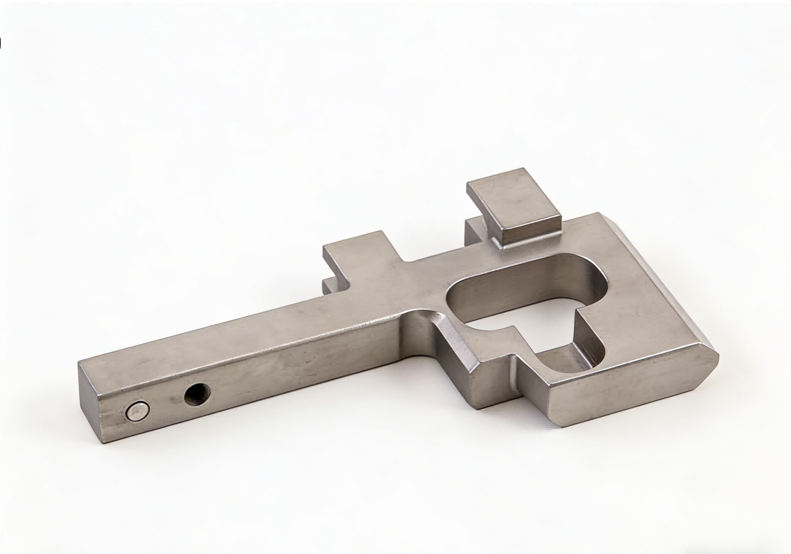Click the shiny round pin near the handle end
click(x=137, y=411)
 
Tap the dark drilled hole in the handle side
click(x=197, y=393)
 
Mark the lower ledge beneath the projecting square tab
click(x=332, y=286)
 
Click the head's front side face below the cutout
click(x=624, y=392)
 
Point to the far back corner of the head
click(x=598, y=214)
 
